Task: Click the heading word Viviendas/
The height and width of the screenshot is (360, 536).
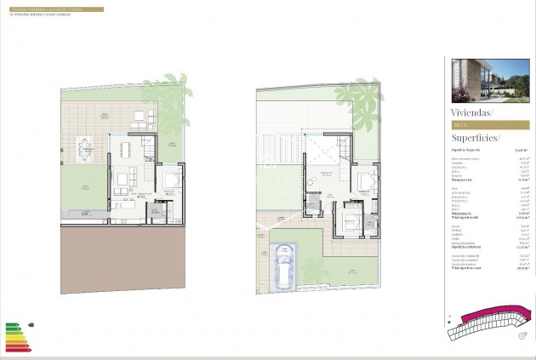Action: tap(472, 111)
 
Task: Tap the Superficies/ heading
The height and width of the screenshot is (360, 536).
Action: tap(476, 138)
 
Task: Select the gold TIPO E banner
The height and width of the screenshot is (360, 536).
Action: tap(489, 124)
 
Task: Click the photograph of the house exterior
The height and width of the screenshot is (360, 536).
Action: tap(489, 79)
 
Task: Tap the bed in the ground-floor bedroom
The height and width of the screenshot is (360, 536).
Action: tap(171, 180)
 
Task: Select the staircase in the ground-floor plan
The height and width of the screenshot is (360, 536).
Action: tap(150, 151)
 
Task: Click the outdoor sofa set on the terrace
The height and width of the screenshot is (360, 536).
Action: tap(138, 123)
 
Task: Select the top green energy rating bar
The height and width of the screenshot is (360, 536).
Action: tap(10, 324)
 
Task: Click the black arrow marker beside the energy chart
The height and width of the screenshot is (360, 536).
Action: tap(31, 324)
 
